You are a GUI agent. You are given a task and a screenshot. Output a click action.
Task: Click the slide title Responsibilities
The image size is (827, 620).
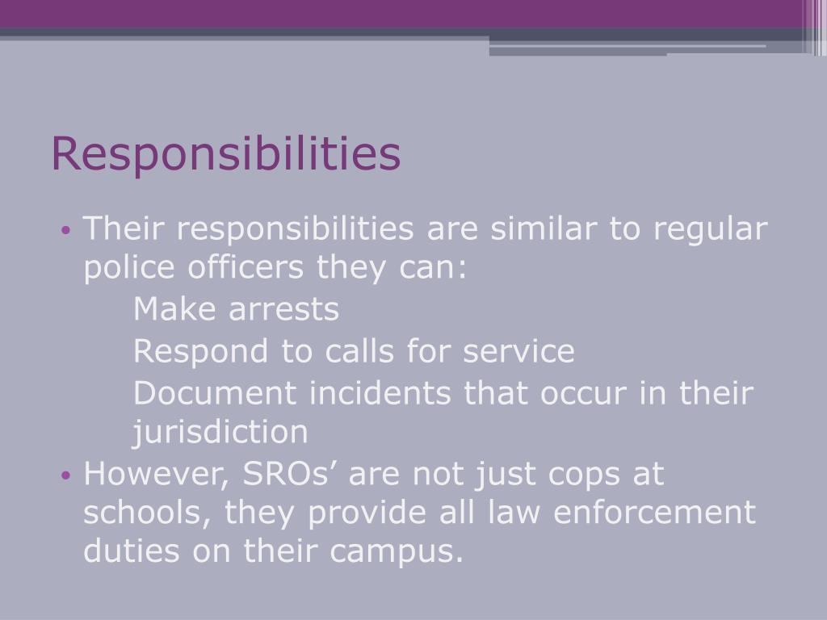pos(225,154)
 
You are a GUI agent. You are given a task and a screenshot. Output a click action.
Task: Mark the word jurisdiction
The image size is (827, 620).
pos(220,433)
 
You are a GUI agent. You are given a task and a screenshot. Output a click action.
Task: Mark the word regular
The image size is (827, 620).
pos(710,231)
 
